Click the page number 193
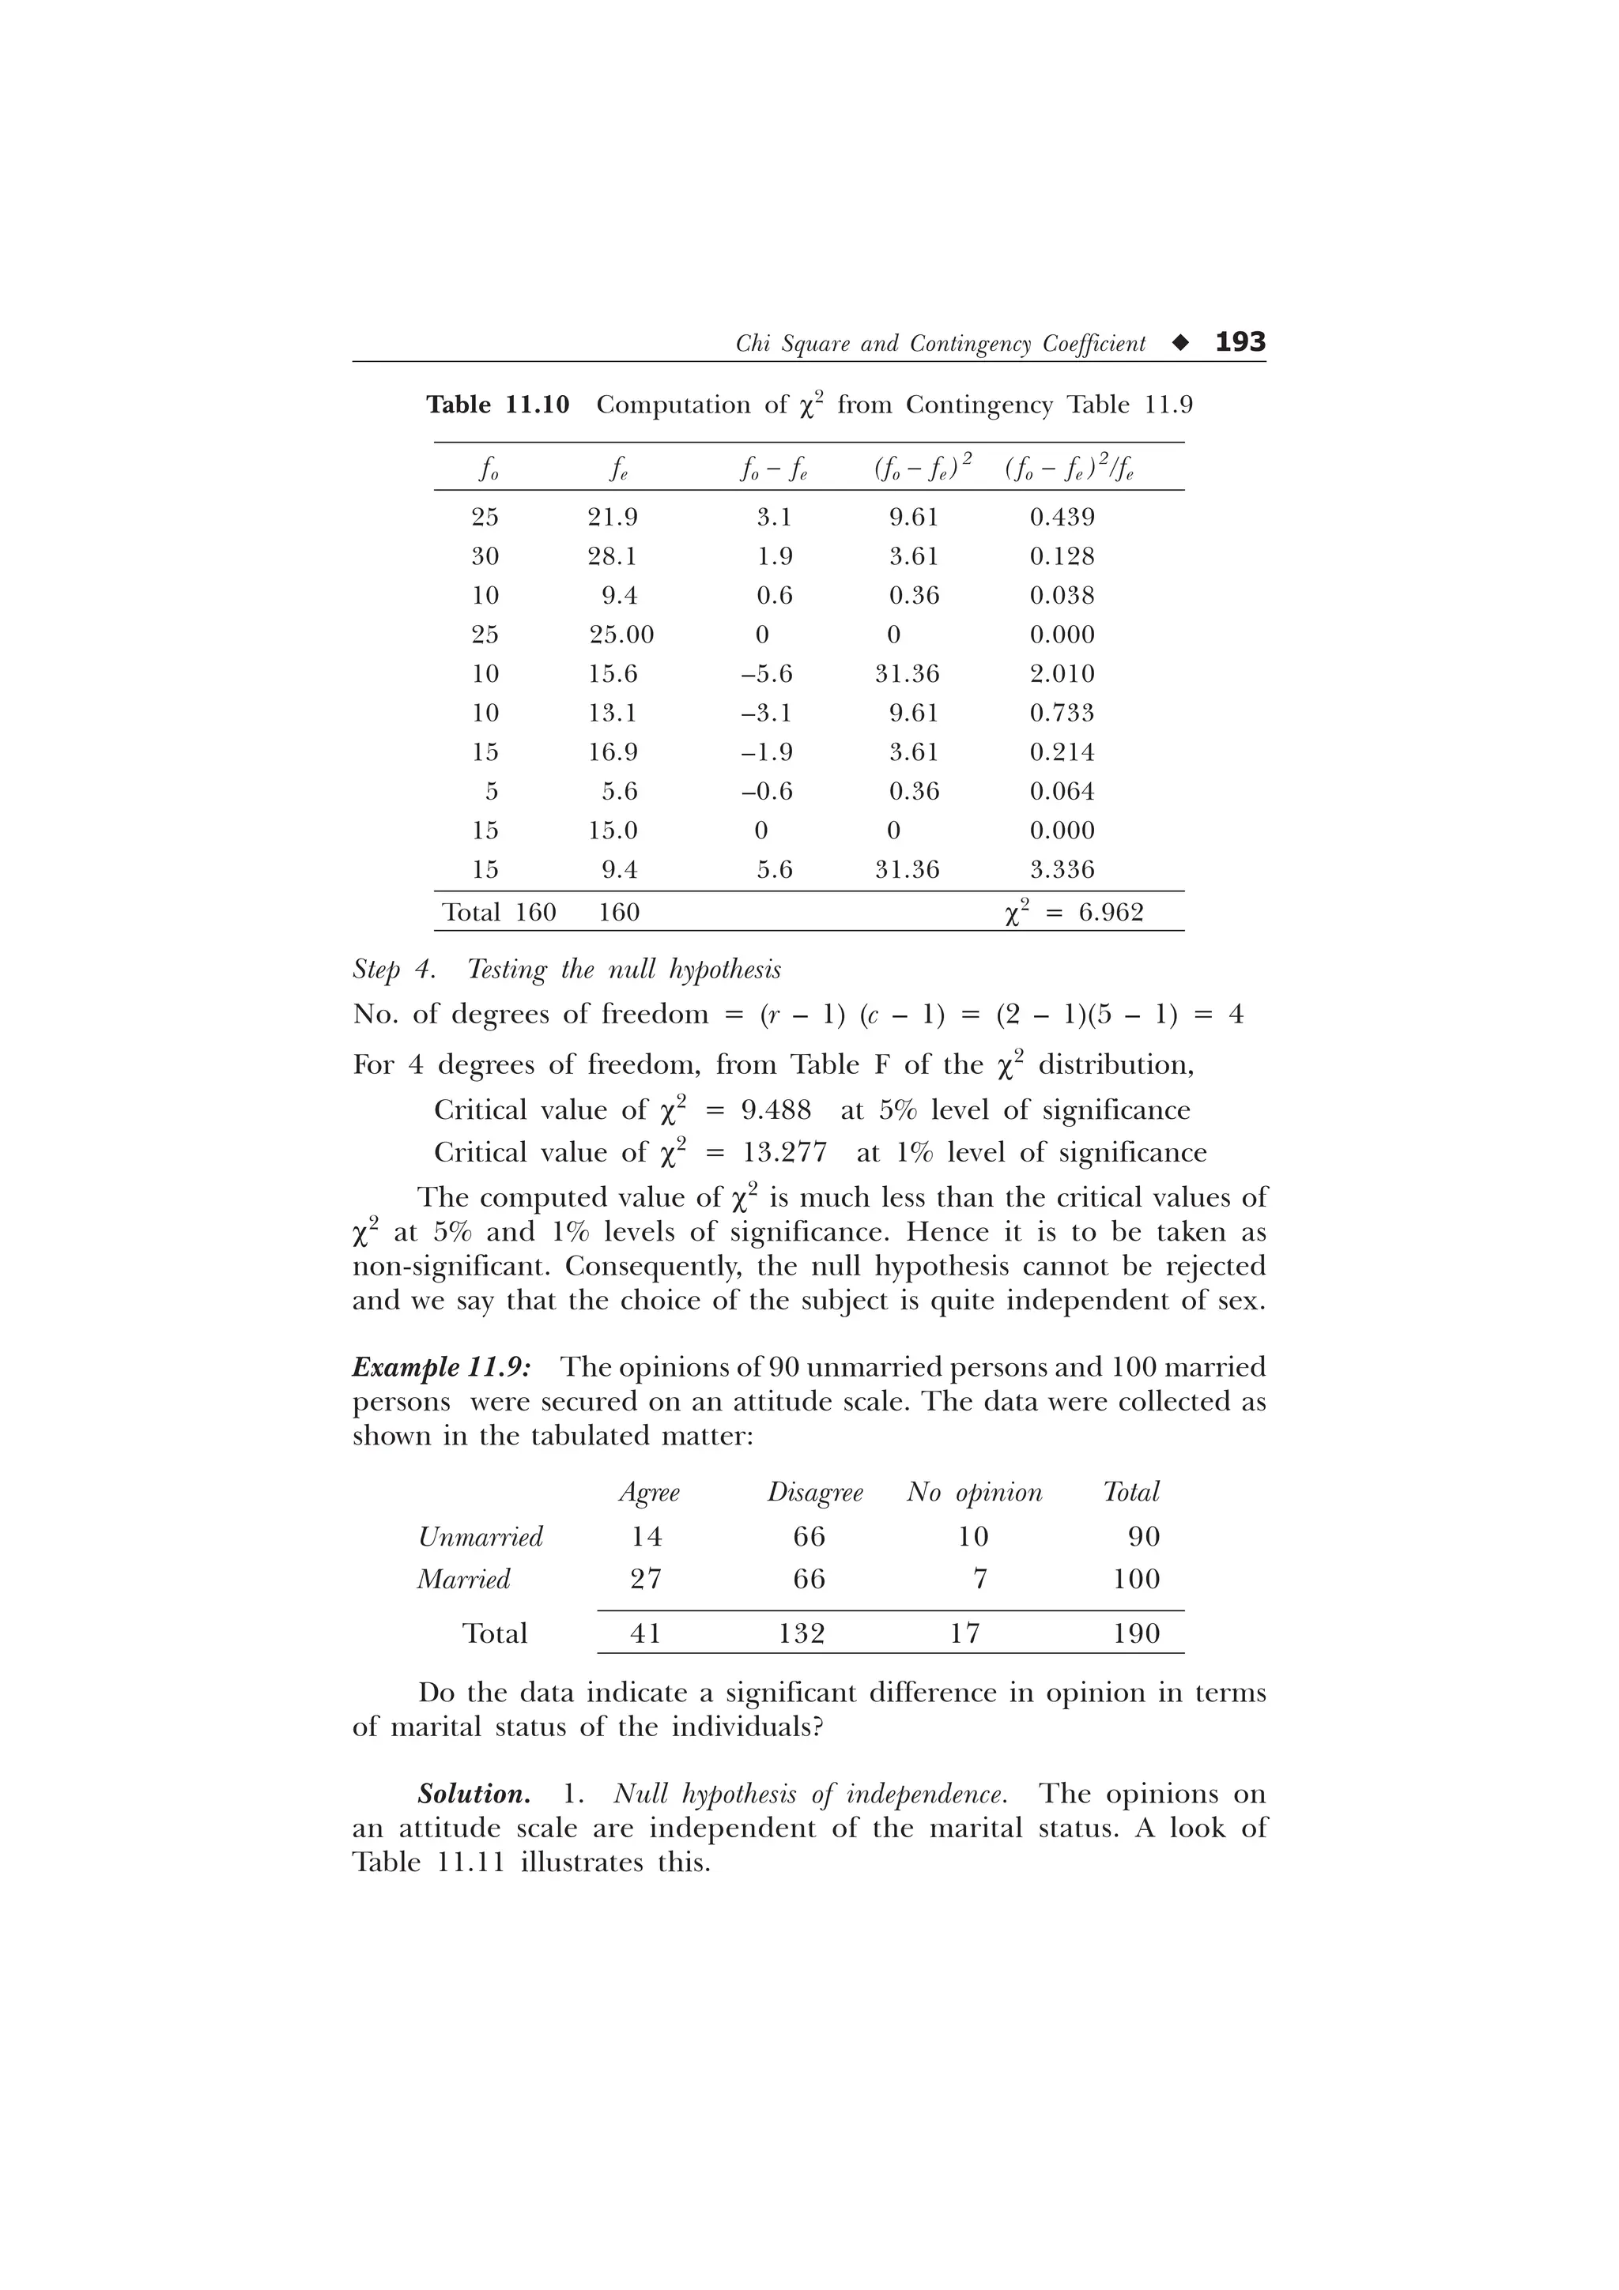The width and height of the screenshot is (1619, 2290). coord(1240,342)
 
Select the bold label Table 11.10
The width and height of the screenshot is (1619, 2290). coord(498,405)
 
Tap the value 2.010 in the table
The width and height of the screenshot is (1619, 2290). coord(1062,673)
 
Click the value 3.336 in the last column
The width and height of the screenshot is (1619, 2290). coord(1062,870)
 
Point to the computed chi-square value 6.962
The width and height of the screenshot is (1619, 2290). coord(1110,913)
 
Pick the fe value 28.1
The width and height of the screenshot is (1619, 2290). coord(612,556)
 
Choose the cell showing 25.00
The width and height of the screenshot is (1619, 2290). coord(621,635)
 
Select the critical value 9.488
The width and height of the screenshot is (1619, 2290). coord(776,1110)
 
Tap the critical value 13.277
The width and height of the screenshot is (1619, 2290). coord(784,1153)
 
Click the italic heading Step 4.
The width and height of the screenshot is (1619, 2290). coord(394,970)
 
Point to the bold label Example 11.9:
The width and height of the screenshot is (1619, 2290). coord(442,1366)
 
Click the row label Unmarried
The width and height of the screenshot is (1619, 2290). coord(481,1537)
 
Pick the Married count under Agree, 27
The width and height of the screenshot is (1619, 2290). coord(647,1579)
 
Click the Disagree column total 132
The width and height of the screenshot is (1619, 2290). coord(802,1633)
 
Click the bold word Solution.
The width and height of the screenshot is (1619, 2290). coord(474,1795)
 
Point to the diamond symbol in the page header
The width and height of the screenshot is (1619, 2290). coord(1181,343)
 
